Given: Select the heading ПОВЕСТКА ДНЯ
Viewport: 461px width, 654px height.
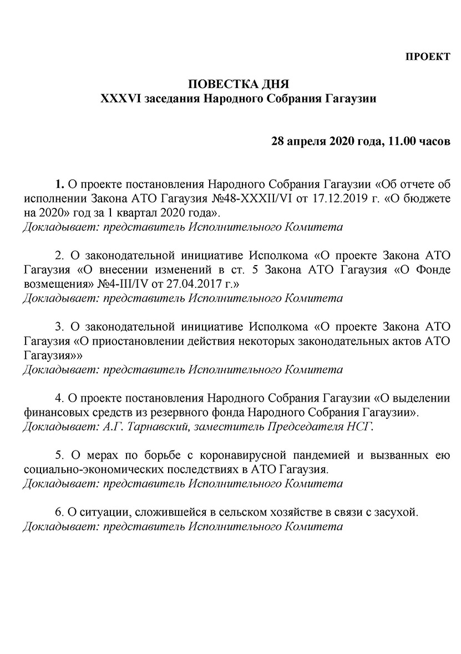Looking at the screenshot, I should pos(238,85).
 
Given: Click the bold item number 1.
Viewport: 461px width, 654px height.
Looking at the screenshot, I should pos(59,184).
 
